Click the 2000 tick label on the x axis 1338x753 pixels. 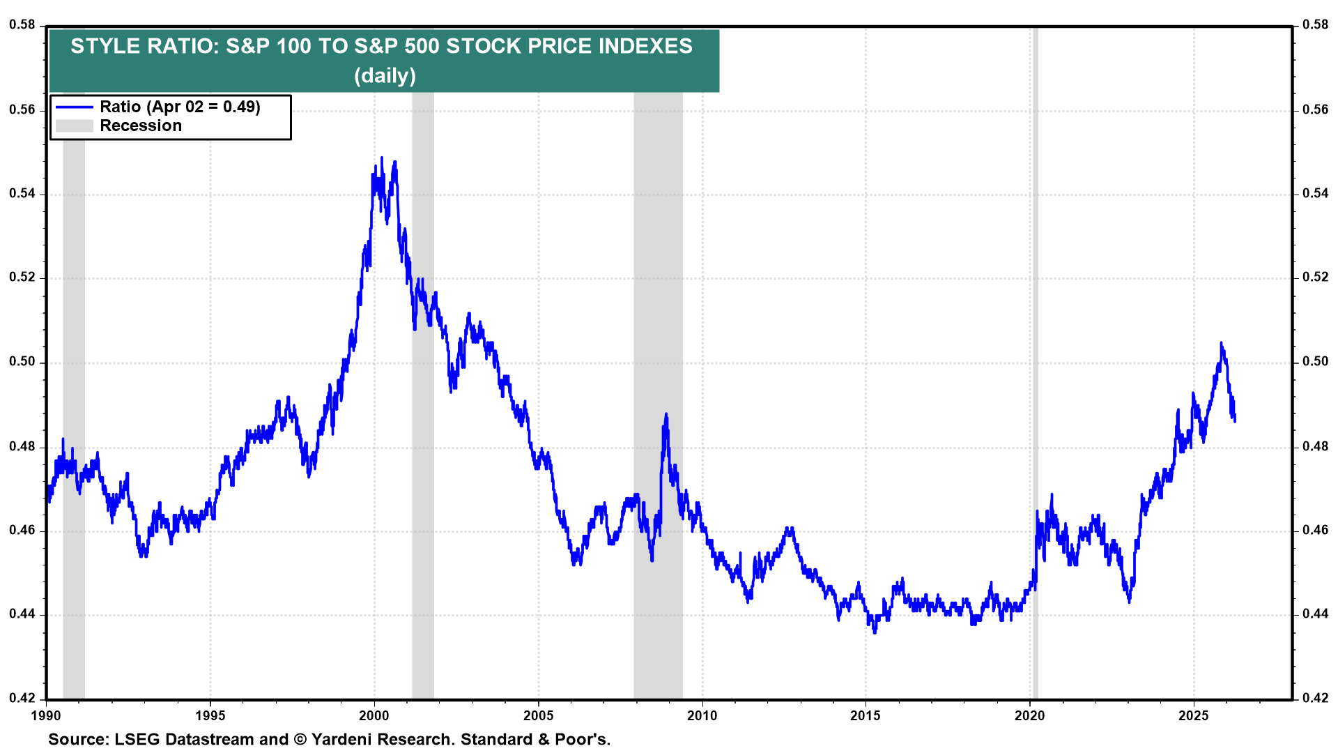pos(374,716)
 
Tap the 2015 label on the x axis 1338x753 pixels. pos(866,716)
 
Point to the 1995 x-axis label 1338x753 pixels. pos(210,716)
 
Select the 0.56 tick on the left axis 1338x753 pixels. pos(22,109)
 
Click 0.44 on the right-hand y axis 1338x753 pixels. pos(1315,614)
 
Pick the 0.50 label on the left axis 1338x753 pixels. pos(22,361)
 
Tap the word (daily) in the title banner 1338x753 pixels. pos(385,75)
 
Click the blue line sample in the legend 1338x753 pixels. pos(75,107)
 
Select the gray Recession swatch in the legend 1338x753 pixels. pos(75,125)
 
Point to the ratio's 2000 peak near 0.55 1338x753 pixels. pos(382,160)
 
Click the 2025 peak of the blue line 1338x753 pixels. pos(1221,343)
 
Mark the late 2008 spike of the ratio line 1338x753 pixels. pos(666,415)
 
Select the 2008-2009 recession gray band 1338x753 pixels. pos(657,279)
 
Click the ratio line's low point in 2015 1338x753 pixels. pos(875,632)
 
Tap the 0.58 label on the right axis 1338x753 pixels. pos(1315,25)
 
